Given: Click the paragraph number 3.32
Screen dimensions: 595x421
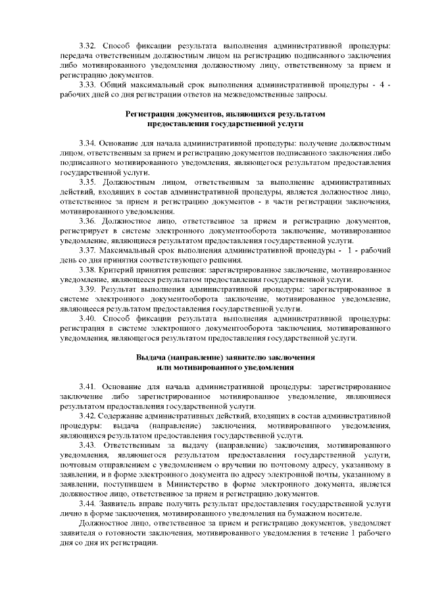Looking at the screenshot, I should click(87, 45).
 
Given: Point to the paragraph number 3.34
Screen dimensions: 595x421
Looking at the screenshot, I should click(87, 143).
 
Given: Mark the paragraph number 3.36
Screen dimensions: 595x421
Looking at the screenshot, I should click(87, 221).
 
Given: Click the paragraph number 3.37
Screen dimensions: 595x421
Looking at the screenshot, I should click(87, 250).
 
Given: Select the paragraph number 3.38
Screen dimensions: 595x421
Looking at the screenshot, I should click(87, 270).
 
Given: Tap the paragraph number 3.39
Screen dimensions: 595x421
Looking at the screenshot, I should click(87, 290).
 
